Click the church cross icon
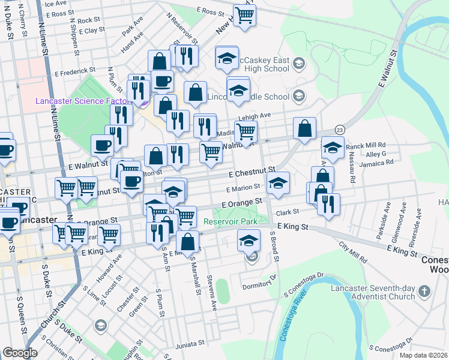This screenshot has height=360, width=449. (x=424, y=292)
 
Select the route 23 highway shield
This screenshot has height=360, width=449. (x=340, y=130)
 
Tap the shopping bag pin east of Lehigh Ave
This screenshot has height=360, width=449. (x=304, y=128)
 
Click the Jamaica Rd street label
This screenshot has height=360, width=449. (x=376, y=162)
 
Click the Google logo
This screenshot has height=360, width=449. (x=20, y=353)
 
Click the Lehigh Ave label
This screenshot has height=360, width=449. (x=259, y=115)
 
